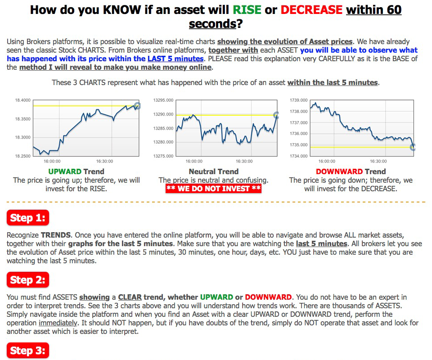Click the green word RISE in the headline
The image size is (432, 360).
tap(247, 10)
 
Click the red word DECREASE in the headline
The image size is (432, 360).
tap(311, 10)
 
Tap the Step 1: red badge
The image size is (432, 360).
tap(28, 218)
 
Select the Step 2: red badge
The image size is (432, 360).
tap(28, 279)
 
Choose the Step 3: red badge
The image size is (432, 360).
tap(28, 351)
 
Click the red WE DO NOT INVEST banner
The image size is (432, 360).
tap(213, 189)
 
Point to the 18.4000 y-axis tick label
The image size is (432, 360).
tap(22, 100)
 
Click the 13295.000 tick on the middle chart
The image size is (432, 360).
tap(163, 100)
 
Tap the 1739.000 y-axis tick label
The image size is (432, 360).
tap(299, 100)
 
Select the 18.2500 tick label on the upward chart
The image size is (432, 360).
tap(22, 156)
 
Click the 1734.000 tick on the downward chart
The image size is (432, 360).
tap(299, 156)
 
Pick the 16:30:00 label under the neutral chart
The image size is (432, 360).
tap(244, 162)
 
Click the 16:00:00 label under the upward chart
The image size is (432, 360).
tap(52, 162)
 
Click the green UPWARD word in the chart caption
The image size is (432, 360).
tap(65, 171)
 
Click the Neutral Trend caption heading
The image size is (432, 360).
tap(213, 171)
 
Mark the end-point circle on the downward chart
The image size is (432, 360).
tap(413, 147)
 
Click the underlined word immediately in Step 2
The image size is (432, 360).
tap(58, 323)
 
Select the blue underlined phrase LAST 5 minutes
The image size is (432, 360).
tap(175, 58)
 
